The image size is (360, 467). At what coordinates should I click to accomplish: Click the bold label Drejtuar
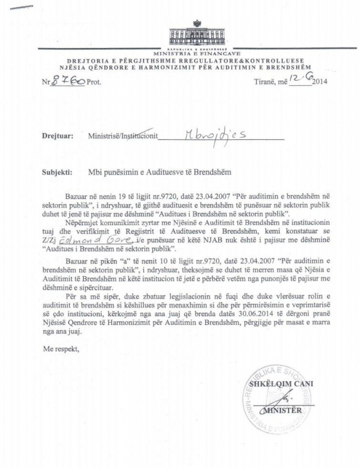(57, 137)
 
